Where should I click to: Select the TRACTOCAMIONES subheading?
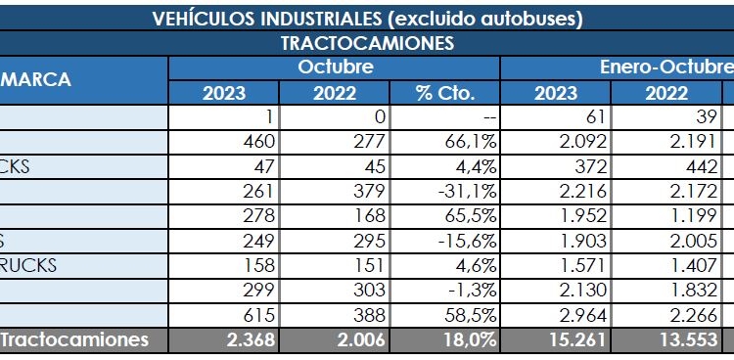click(367, 44)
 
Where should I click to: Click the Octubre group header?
click(336, 67)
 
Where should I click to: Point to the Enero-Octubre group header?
click(665, 67)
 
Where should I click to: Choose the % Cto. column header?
click(445, 94)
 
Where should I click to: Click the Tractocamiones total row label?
click(75, 339)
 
